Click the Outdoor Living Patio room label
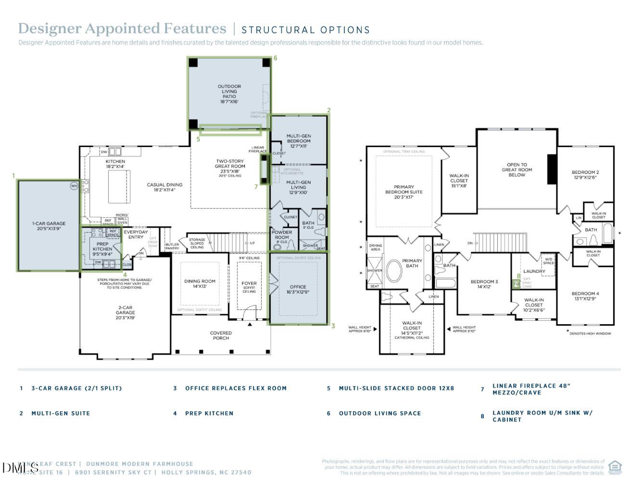229,94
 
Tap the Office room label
298,289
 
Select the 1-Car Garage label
49,226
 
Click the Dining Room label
200,284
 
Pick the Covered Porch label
221,335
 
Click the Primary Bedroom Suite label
404,192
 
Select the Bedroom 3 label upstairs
484,284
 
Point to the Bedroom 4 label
585,296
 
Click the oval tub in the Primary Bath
394,271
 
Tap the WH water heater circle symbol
74,186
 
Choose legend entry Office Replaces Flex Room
236,388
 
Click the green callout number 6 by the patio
275,58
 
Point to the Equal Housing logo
615,466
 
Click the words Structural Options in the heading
305,30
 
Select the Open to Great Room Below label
517,170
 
